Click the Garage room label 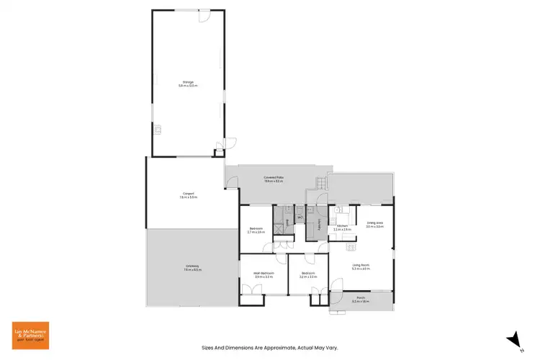click(x=187, y=83)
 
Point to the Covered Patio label click(x=274, y=180)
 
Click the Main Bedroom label click(x=264, y=274)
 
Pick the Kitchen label click(x=341, y=228)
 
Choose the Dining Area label click(x=374, y=225)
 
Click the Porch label click(x=360, y=300)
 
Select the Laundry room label click(x=317, y=224)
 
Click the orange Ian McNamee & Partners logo click(x=31, y=336)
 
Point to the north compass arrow click(x=513, y=337)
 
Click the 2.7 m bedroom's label click(x=256, y=230)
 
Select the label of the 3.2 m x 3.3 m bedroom click(x=308, y=274)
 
